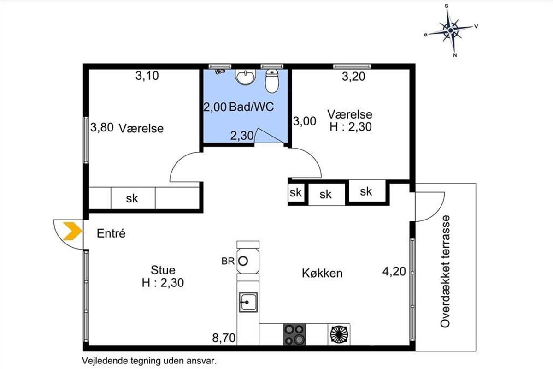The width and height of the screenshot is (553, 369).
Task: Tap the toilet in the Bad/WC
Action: click(272, 81)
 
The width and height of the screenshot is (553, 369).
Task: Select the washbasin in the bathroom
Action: click(245, 77)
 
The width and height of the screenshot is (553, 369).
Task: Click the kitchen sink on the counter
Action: click(248, 302)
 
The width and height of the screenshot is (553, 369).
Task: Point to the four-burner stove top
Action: click(294, 335)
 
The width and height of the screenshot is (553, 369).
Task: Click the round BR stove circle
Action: click(243, 261)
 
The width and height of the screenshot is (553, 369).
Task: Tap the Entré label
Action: click(111, 233)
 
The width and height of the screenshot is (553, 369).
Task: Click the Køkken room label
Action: click(323, 274)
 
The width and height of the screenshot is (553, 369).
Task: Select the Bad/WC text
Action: click(252, 107)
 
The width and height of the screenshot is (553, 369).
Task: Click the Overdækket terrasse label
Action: click(445, 272)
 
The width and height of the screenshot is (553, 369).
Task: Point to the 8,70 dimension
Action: click(224, 338)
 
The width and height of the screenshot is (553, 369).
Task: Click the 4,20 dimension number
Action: click(394, 272)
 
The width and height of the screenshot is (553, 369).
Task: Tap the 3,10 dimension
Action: click(147, 76)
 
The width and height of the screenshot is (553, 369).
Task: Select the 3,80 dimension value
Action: click(102, 127)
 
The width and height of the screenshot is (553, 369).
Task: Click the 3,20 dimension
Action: click(353, 77)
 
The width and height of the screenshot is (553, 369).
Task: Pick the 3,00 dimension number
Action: click(305, 121)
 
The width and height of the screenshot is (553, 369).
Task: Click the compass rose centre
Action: click(451, 30)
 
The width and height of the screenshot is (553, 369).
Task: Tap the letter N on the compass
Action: click(455, 55)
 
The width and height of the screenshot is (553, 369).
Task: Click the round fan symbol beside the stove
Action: click(339, 335)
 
